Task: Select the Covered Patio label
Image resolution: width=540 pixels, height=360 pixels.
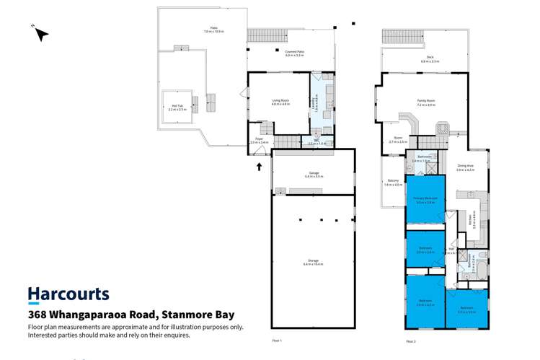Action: (x=294, y=53)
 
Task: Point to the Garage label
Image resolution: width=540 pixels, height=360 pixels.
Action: (x=312, y=174)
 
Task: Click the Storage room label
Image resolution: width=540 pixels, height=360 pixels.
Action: (x=313, y=262)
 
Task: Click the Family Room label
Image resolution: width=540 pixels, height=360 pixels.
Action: (x=425, y=104)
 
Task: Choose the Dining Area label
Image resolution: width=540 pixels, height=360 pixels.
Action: (x=466, y=169)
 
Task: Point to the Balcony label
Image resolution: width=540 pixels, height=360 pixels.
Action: (x=391, y=183)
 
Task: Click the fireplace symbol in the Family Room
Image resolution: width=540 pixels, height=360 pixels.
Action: (x=442, y=131)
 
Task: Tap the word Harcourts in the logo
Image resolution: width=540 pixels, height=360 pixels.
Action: (x=68, y=294)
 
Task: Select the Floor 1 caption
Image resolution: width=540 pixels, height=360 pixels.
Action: (x=277, y=341)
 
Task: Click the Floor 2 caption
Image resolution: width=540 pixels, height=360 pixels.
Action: (x=410, y=341)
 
